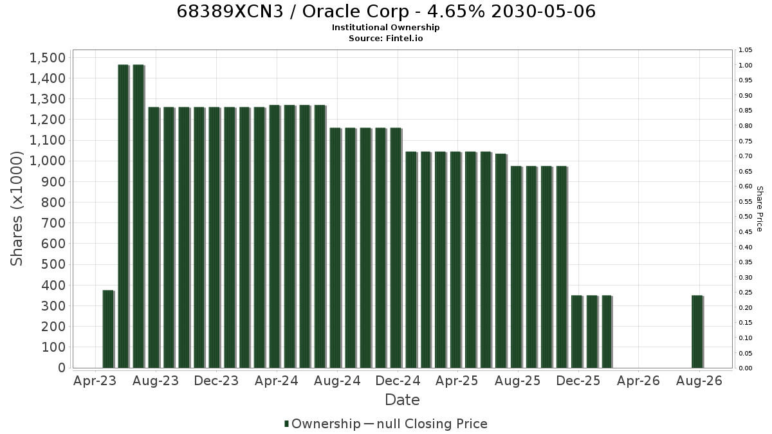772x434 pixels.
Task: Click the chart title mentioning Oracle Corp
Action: tap(386, 12)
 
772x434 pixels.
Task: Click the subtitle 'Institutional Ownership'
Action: tap(385, 28)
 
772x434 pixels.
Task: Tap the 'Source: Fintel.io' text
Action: tap(385, 38)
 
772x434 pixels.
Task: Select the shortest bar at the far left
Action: tap(108, 329)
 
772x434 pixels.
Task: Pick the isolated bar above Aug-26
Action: tap(697, 332)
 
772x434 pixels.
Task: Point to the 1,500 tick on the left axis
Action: tap(48, 58)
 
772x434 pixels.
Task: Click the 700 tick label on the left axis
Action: tap(53, 223)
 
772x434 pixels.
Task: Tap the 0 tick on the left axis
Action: tap(62, 368)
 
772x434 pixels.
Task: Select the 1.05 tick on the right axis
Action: tap(745, 50)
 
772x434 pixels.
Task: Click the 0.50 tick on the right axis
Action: tap(745, 217)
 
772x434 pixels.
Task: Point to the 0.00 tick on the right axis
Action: tap(745, 368)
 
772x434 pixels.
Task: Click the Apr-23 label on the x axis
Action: tap(95, 381)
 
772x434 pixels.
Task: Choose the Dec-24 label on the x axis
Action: tap(398, 381)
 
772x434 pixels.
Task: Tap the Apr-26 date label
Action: tap(638, 381)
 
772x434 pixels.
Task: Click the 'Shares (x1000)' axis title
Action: tap(16, 209)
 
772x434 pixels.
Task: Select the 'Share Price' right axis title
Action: tap(760, 209)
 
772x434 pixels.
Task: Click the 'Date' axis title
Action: tap(402, 400)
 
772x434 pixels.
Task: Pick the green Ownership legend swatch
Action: tap(286, 424)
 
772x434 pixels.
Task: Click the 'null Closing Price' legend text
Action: tap(432, 424)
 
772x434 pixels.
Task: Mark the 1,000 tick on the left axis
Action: tap(48, 161)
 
